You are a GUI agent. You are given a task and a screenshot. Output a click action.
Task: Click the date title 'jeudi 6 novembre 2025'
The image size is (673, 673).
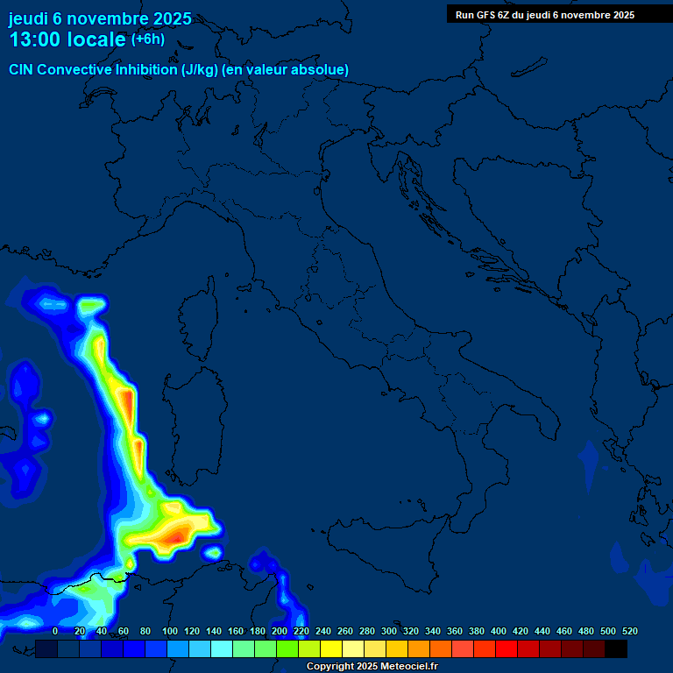point(100,18)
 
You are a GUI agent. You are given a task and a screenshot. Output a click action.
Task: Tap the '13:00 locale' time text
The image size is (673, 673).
point(68,40)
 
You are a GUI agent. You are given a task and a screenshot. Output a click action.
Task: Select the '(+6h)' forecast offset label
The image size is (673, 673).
point(147,39)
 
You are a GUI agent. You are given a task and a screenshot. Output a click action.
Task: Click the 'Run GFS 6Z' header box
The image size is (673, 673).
point(545,14)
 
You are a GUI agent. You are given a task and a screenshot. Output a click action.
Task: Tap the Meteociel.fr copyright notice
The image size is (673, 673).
point(372,667)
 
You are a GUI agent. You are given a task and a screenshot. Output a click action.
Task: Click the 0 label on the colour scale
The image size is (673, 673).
point(55,631)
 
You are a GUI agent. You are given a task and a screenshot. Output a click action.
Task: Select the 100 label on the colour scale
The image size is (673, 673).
point(169,631)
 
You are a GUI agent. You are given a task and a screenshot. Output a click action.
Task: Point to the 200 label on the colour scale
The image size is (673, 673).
point(279,631)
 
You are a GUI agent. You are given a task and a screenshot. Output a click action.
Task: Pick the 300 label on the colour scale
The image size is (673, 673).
point(388,631)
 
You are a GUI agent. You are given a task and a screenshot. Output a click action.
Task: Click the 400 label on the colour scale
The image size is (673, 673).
point(498,631)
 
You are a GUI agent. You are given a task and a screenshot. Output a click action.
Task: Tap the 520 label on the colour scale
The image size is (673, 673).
point(628,631)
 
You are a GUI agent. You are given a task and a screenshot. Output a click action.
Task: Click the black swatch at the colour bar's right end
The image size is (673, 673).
point(616,648)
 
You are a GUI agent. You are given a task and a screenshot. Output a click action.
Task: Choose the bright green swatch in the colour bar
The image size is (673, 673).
point(287,648)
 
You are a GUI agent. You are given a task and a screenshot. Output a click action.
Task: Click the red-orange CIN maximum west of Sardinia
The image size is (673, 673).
point(128,406)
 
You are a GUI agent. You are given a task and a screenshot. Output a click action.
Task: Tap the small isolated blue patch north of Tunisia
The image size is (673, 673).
point(213,553)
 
